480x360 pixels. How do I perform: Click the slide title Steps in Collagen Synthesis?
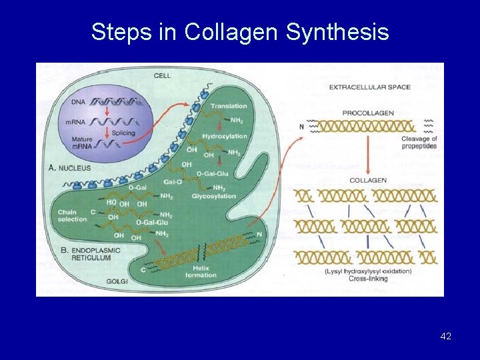click(x=240, y=31)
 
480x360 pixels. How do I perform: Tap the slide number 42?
click(x=446, y=337)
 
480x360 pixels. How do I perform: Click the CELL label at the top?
click(x=162, y=75)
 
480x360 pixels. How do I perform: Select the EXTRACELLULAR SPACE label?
click(x=370, y=87)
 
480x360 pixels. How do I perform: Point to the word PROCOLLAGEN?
click(x=368, y=113)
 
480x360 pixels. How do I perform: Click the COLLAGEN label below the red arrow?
click(x=368, y=180)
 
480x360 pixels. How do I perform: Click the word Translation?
click(x=229, y=107)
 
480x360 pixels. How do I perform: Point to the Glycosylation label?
click(x=213, y=197)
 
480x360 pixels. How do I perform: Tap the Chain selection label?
click(x=72, y=215)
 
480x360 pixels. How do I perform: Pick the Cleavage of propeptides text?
click(x=419, y=142)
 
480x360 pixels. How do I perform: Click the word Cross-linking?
click(x=368, y=279)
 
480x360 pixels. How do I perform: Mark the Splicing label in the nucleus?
click(x=123, y=133)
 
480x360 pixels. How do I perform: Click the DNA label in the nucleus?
click(x=78, y=101)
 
